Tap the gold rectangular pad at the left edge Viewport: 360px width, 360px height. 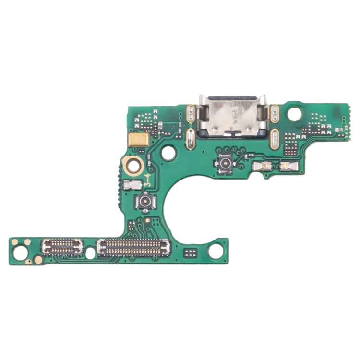tap(138, 140)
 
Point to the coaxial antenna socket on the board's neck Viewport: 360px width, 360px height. tap(144, 201)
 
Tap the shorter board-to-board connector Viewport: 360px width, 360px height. tap(62, 247)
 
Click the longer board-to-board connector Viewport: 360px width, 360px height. tap(134, 247)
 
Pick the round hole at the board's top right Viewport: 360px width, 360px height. tap(295, 114)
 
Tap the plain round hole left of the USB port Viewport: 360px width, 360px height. tap(168, 153)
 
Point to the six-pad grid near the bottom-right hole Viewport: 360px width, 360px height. tap(191, 252)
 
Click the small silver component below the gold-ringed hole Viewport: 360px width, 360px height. tap(130, 184)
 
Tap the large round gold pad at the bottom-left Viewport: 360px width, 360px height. tap(38, 260)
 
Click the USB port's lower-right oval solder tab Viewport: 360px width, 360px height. tap(275, 138)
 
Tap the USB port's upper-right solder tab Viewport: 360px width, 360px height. tap(275, 114)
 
